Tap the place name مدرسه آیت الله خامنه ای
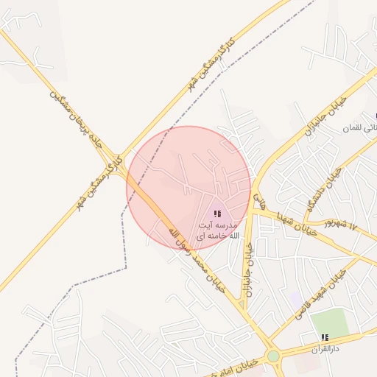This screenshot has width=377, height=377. pos(219,228)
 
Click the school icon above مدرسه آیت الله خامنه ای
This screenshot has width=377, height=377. pos(217,214)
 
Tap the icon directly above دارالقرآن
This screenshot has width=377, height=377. pos(325,337)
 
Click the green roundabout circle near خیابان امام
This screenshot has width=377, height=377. pos(274,356)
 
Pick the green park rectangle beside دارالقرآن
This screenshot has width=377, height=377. pos(328,322)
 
